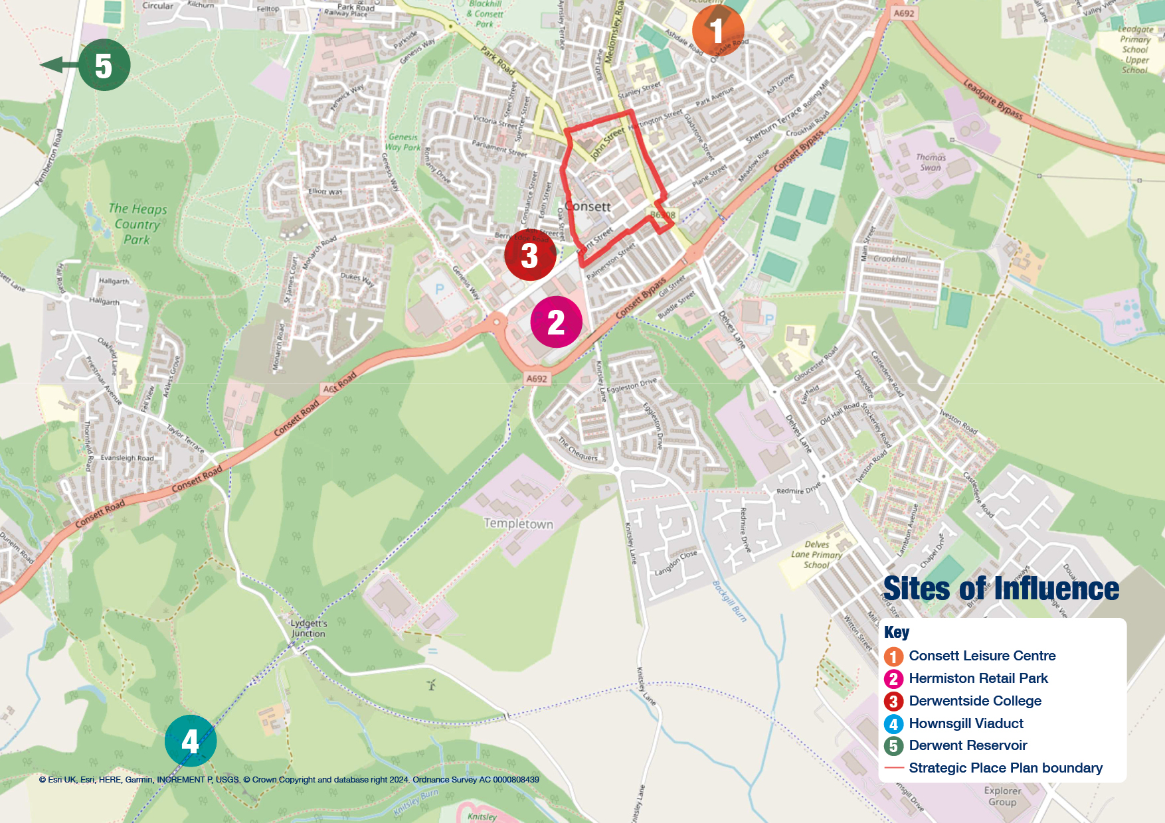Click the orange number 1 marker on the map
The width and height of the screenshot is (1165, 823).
click(718, 31)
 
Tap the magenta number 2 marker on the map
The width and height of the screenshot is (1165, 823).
click(556, 323)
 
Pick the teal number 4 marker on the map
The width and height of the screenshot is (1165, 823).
click(191, 741)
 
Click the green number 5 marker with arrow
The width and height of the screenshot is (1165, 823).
click(104, 65)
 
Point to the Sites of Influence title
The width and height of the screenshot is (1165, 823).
click(1000, 589)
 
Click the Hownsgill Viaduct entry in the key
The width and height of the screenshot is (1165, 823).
click(965, 723)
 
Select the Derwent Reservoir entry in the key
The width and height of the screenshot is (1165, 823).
click(967, 745)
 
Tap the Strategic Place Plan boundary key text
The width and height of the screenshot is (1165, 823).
click(1005, 768)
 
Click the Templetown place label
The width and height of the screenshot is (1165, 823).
click(518, 524)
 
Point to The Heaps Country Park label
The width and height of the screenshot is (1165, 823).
click(137, 224)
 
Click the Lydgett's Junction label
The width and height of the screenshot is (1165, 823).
click(309, 628)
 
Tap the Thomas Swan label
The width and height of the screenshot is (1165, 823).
click(931, 163)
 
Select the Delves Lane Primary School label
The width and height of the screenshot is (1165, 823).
click(816, 555)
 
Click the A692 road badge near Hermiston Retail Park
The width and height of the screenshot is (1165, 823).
click(537, 379)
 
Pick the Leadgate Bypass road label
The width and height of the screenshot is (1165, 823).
click(993, 100)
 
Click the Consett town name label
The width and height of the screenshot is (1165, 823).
click(588, 206)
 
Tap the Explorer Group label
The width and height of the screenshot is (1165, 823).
click(1002, 796)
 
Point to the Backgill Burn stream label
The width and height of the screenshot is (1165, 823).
click(729, 601)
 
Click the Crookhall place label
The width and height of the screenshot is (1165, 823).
click(891, 259)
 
